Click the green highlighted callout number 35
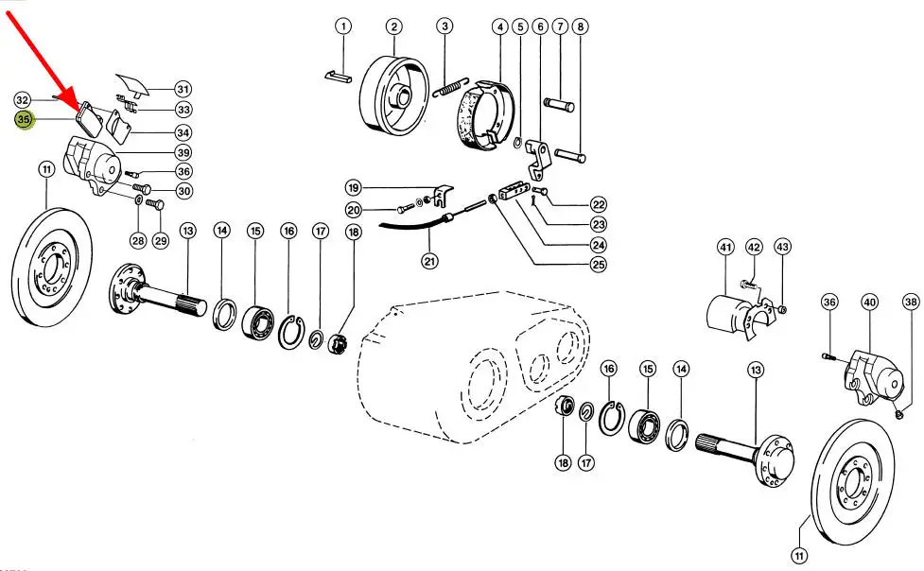[x=24, y=119]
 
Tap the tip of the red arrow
[x=83, y=107]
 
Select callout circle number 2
[x=393, y=26]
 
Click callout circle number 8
[x=580, y=26]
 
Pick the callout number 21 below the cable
[x=430, y=261]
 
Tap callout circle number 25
[x=598, y=265]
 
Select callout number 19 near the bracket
[x=353, y=186]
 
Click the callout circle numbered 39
[x=183, y=153]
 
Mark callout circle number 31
[x=183, y=90]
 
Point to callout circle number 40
[x=869, y=303]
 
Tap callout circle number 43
[x=782, y=248]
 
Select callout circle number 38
[x=910, y=303]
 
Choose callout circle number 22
[x=598, y=204]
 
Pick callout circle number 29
[x=160, y=241]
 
